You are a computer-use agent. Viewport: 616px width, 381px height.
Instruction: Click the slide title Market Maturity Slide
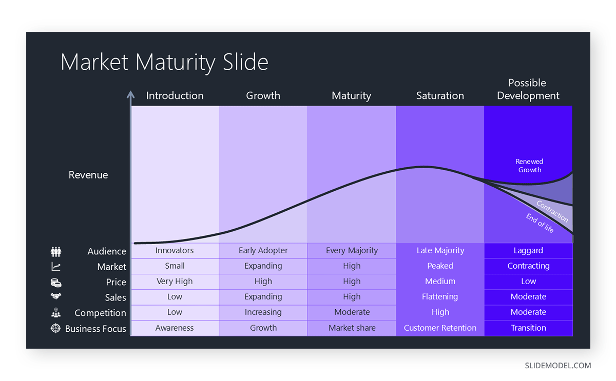164,62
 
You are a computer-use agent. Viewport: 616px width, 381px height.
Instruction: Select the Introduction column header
175,95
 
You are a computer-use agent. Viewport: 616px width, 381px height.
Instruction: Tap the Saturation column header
440,95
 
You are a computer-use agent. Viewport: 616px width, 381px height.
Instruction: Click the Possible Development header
528,89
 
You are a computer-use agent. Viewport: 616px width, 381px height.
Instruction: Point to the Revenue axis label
88,175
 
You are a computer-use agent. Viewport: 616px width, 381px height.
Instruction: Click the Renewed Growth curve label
529,166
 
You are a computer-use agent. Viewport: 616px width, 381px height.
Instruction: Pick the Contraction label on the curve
552,211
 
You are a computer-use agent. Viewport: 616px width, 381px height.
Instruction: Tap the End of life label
540,224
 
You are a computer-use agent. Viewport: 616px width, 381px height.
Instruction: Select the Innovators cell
175,251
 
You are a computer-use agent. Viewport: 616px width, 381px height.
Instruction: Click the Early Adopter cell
263,251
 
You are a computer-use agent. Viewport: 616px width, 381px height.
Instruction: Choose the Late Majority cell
440,251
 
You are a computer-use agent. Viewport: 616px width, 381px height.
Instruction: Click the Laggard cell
528,251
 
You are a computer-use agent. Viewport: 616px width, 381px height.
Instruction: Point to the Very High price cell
175,282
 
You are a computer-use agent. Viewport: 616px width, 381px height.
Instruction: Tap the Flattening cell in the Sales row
440,297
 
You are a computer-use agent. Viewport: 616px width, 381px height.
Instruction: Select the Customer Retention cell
440,328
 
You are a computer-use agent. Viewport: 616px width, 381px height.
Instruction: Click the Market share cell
352,328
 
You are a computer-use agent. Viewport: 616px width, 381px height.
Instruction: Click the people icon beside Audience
56,251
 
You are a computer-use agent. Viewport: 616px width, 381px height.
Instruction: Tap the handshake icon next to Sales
56,296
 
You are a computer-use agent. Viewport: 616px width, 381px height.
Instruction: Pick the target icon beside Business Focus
56,328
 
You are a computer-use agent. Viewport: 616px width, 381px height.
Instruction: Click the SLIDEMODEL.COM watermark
557,366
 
